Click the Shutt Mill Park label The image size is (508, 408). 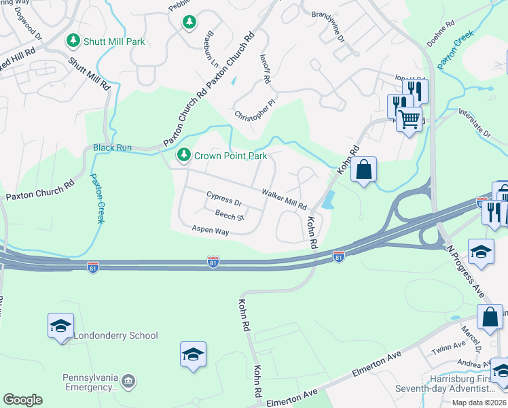point(114,41)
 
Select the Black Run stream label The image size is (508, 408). point(112,148)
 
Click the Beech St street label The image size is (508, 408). point(229,216)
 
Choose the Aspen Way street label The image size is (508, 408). point(211,231)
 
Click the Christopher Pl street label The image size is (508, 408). point(255,110)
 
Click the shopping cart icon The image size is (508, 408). point(409,120)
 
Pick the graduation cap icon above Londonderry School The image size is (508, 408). point(60,325)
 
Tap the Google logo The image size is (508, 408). point(23,399)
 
